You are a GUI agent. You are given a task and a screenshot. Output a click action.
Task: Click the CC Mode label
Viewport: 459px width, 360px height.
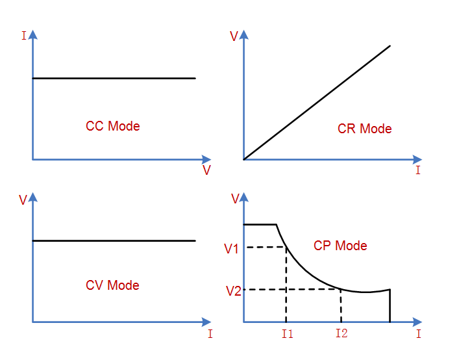[x=113, y=126]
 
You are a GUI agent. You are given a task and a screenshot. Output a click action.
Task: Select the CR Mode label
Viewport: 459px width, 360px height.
[x=364, y=129]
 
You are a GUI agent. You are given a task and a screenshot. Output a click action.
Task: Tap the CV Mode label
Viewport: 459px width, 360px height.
[x=112, y=285]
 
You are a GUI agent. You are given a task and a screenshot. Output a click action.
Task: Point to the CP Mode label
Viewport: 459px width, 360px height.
[x=340, y=246]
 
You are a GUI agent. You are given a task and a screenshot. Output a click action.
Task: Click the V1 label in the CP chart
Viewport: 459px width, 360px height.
[x=231, y=249]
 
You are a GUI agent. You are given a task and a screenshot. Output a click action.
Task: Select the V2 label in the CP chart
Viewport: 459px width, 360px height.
[x=234, y=291]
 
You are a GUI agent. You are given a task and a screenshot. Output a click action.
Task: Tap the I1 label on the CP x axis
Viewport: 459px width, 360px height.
[x=287, y=334]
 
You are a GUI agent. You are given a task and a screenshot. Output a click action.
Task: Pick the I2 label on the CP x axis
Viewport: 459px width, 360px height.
[x=341, y=333]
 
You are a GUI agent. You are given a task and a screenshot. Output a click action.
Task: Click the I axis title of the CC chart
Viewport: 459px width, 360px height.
[x=24, y=36]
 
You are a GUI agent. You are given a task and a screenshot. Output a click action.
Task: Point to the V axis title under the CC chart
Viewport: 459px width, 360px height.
[x=206, y=170]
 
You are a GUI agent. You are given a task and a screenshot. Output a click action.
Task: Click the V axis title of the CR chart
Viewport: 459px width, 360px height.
[x=234, y=36]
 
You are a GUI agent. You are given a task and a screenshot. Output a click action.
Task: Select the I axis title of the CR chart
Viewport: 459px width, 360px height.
[x=418, y=170]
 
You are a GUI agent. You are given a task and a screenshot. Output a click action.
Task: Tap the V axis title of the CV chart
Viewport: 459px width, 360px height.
[x=23, y=200]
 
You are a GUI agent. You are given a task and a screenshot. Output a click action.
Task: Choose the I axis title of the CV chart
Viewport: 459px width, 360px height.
[x=210, y=334]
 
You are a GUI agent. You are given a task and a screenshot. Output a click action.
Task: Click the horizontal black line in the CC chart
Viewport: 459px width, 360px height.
[x=114, y=78]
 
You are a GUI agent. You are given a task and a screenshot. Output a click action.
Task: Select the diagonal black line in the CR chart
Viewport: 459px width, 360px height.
[x=317, y=103]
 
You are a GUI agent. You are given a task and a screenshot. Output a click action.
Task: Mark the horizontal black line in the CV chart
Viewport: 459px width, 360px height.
[x=114, y=241]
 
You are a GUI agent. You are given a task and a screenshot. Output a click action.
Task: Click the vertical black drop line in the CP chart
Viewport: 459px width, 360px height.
[x=390, y=306]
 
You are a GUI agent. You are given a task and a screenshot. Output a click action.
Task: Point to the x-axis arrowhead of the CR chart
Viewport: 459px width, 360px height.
[x=417, y=160]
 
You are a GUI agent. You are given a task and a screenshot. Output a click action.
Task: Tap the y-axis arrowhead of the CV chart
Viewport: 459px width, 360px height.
[x=33, y=197]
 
